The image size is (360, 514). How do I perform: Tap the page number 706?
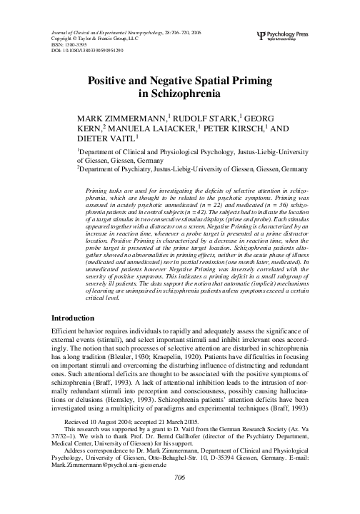click(179, 496)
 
